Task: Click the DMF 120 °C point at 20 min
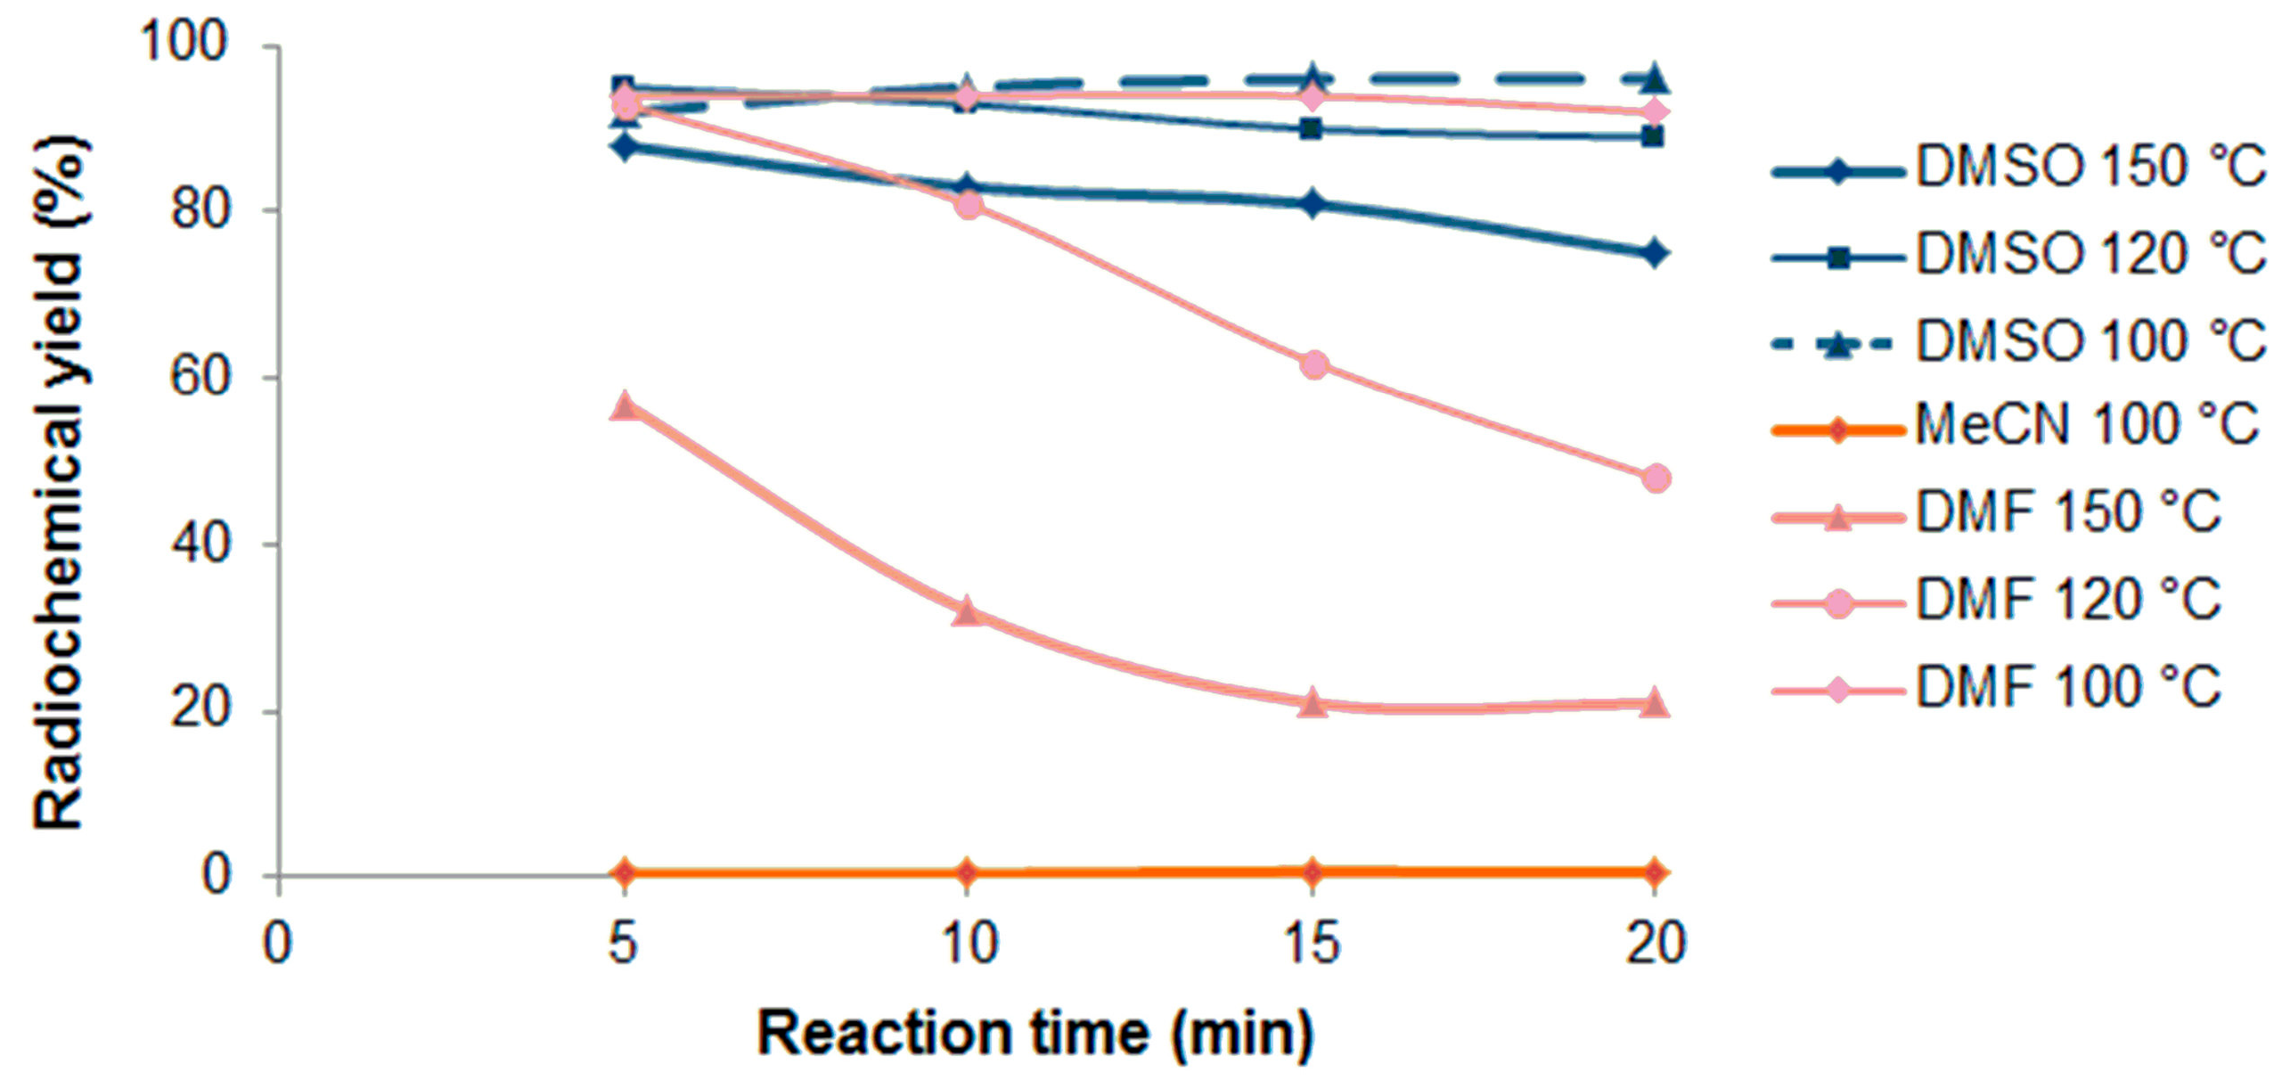[1655, 479]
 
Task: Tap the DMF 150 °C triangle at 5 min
[625, 405]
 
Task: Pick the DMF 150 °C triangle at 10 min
[968, 612]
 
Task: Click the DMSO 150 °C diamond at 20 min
[1655, 254]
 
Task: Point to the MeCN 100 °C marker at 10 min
[968, 871]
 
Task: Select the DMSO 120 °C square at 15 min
[1311, 129]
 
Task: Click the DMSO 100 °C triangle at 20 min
[1655, 79]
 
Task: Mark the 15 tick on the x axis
[1311, 943]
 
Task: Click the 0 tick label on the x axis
[278, 943]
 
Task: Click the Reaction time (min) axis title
[1035, 1034]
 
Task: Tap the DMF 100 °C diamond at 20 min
[1655, 113]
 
